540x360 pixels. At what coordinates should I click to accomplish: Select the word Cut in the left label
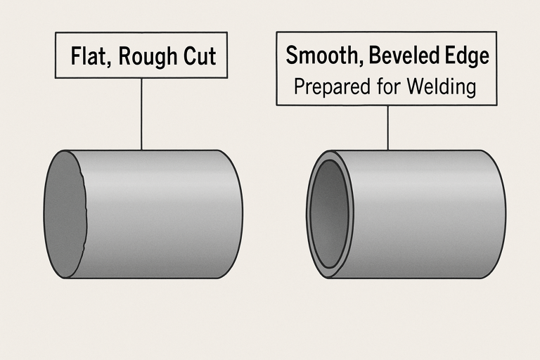click(x=199, y=56)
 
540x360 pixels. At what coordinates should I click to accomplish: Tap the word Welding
click(x=439, y=86)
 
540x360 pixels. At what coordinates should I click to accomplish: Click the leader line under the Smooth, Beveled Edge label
click(x=388, y=127)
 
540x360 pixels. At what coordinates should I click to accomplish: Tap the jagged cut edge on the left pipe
click(x=85, y=211)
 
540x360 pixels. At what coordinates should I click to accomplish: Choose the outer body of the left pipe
click(x=162, y=214)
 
